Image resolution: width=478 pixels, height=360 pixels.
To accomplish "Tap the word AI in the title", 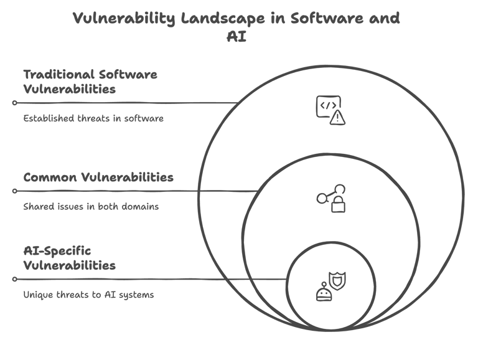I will point(237,37).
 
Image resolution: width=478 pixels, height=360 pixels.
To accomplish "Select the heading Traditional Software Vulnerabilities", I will point(90,82).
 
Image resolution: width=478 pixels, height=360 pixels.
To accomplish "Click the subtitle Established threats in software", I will point(93,118).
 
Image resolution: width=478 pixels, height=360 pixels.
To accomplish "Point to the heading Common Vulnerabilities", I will point(98,178).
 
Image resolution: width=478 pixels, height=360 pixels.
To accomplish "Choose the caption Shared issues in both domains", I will point(91,206).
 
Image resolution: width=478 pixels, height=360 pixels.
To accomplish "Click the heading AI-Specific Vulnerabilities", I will point(69,258).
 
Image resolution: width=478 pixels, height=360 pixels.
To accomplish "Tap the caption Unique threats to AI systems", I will point(88,295).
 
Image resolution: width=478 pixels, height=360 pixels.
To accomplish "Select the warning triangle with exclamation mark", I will point(337,117).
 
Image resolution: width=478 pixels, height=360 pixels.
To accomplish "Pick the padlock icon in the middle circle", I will point(338,205).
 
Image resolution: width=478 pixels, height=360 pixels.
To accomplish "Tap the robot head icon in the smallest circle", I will point(323,293).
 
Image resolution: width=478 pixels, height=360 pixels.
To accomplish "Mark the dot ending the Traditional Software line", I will point(14,103).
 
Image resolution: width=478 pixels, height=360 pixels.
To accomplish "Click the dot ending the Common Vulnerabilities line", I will point(14,191).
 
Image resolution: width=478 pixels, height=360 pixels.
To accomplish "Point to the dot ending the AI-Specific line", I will point(14,280).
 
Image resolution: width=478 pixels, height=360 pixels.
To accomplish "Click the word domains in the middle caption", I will point(142,206).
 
